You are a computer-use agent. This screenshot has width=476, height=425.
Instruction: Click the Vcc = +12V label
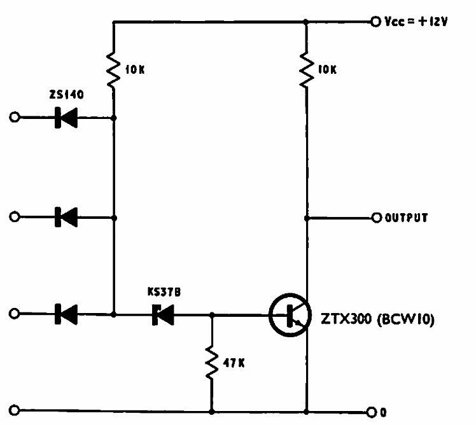pyautogui.click(x=416, y=22)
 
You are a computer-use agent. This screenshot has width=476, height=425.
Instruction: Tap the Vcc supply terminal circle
pyautogui.click(x=375, y=22)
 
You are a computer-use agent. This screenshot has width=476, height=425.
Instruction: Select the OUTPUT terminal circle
pyautogui.click(x=377, y=218)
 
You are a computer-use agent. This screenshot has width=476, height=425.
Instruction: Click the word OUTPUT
pyautogui.click(x=406, y=218)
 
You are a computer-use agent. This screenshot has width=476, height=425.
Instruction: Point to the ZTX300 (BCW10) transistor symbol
pyautogui.click(x=290, y=315)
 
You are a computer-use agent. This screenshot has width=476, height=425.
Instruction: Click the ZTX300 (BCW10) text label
pyautogui.click(x=377, y=319)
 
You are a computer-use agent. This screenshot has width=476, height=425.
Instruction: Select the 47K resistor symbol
pyautogui.click(x=211, y=363)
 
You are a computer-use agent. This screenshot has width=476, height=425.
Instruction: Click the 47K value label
pyautogui.click(x=234, y=363)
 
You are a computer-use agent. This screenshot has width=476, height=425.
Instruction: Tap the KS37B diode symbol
pyautogui.click(x=163, y=315)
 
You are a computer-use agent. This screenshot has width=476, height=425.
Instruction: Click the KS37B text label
pyautogui.click(x=164, y=292)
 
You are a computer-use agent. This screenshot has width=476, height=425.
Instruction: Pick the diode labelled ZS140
pyautogui.click(x=66, y=118)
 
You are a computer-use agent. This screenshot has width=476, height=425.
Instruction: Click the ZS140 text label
pyautogui.click(x=66, y=94)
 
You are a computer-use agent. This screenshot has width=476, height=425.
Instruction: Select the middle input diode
pyautogui.click(x=66, y=217)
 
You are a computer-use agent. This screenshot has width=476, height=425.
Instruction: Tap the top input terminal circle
pyautogui.click(x=15, y=117)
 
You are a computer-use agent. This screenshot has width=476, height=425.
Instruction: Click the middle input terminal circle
pyautogui.click(x=15, y=217)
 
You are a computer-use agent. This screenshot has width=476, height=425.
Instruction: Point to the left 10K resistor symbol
pyautogui.click(x=113, y=70)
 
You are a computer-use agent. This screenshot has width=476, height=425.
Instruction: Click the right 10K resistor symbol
pyautogui.click(x=307, y=69)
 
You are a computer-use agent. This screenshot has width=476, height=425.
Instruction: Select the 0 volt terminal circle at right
pyautogui.click(x=372, y=412)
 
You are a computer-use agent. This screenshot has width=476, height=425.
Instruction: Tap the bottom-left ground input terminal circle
pyautogui.click(x=15, y=410)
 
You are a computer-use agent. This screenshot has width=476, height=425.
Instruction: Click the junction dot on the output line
pyautogui.click(x=307, y=218)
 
